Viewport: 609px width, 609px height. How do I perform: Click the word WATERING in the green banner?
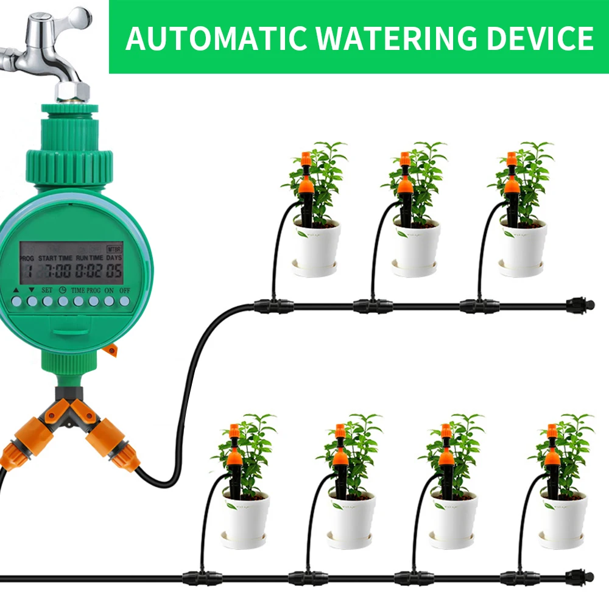(x=389, y=38)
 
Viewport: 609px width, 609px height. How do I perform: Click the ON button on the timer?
(x=109, y=301)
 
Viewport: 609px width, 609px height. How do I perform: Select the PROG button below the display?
(x=93, y=301)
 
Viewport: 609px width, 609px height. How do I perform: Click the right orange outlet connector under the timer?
(x=115, y=445)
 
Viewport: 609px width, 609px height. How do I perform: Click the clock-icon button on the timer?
(x=63, y=301)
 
